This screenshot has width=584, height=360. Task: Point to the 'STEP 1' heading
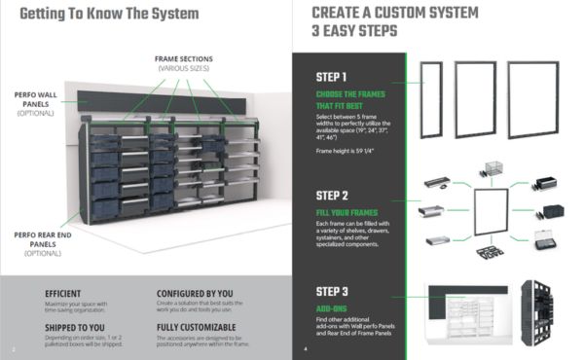[x=332, y=77]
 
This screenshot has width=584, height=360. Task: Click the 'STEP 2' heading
[x=333, y=194]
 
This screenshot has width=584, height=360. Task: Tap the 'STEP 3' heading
[x=333, y=291]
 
